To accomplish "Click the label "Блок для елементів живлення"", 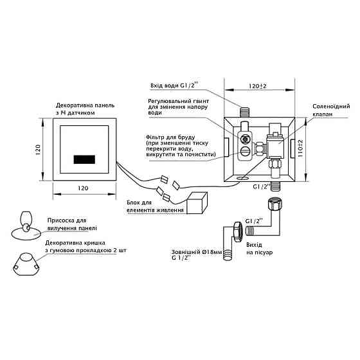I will (154, 207).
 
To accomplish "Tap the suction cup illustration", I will (25, 224).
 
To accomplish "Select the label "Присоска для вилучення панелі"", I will (72, 224).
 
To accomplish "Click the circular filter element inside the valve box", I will (245, 138).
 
